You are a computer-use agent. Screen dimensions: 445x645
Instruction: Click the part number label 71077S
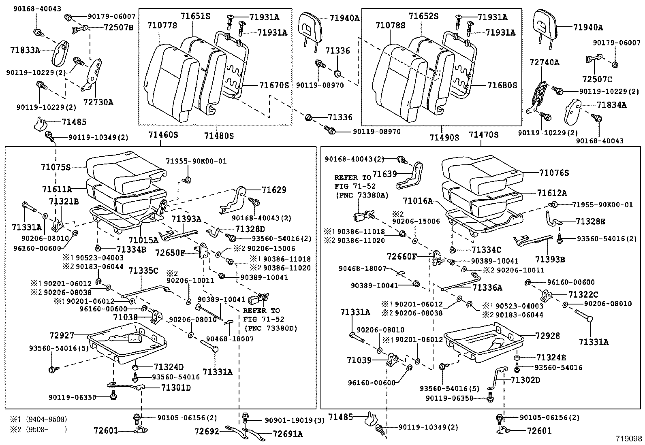point(162,26)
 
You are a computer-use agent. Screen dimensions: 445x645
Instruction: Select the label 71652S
point(423,16)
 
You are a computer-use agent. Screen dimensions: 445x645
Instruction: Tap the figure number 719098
point(628,439)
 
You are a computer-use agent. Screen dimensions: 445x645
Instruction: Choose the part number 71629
point(274,189)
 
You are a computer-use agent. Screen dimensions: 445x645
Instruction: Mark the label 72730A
point(98,102)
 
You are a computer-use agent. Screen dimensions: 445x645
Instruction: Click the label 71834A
point(612,105)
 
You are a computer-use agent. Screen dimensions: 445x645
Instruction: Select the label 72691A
point(288,434)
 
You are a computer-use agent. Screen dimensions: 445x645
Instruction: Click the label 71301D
point(176,388)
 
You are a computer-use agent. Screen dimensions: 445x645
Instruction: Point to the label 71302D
point(525,380)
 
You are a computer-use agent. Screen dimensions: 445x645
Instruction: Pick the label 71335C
point(143,270)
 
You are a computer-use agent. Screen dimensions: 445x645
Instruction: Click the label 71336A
point(487,287)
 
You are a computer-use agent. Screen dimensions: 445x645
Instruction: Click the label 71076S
point(554,173)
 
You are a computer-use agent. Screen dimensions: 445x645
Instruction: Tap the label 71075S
point(56,167)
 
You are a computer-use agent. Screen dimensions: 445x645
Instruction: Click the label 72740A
point(545,62)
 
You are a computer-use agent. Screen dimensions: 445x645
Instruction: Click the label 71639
point(384,174)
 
